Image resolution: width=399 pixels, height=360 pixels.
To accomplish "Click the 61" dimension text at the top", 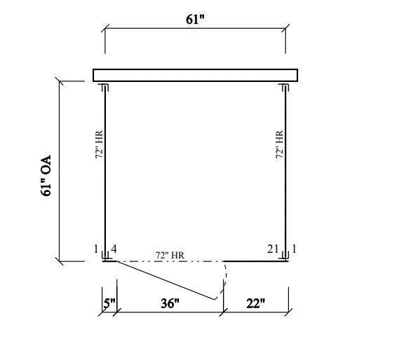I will coord(195,20).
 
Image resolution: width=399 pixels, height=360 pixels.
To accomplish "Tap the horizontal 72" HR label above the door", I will coord(170,255).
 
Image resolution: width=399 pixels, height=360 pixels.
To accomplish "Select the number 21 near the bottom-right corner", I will coord(273,249).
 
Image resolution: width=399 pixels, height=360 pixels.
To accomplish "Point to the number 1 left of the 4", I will coord(95,249).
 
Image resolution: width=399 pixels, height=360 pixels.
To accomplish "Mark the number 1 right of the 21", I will coord(295,249).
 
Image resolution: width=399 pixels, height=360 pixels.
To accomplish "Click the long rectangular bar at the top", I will coord(195,75).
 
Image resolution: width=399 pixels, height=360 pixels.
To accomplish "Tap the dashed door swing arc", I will coord(224,280).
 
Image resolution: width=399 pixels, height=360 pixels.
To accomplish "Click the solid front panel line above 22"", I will coord(254,261).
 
